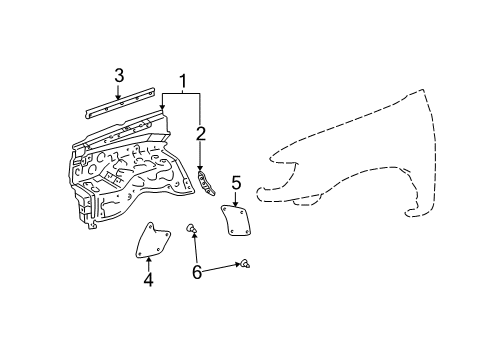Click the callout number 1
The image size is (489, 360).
(x=183, y=81)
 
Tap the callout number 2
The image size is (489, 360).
(x=201, y=135)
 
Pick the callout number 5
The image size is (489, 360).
(x=236, y=182)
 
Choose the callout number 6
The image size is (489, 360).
(x=196, y=271)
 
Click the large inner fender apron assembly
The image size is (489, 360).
(x=130, y=170)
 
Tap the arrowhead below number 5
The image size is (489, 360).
(x=236, y=202)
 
